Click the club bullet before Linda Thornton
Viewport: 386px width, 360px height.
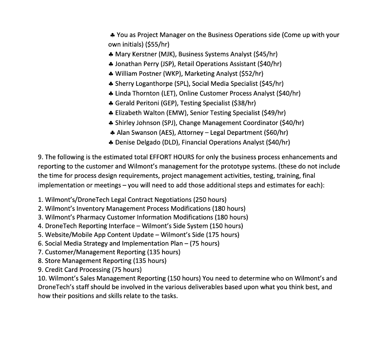tap(111, 93)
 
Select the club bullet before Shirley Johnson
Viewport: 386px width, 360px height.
tap(111, 123)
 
